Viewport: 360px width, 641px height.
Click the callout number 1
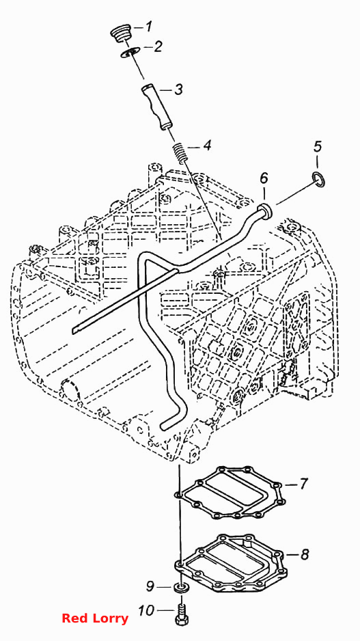coord(148,27)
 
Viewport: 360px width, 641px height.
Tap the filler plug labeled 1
coord(120,33)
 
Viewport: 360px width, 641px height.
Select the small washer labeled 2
coord(130,52)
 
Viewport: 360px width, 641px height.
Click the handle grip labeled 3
coord(156,107)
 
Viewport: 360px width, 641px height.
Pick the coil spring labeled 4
coord(180,151)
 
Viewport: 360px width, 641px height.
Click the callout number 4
coord(207,146)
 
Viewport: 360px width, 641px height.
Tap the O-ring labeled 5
coord(319,180)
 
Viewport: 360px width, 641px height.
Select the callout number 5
coord(318,146)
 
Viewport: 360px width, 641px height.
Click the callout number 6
coord(264,178)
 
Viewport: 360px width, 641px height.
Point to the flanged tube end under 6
coord(265,210)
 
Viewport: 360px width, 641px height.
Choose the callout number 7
coord(303,484)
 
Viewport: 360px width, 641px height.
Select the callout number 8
coord(305,554)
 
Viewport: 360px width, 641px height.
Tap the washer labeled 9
coord(180,588)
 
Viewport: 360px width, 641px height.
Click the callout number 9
coord(151,586)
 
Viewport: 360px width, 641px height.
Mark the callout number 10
coord(146,611)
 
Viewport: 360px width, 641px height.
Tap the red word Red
coord(76,618)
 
